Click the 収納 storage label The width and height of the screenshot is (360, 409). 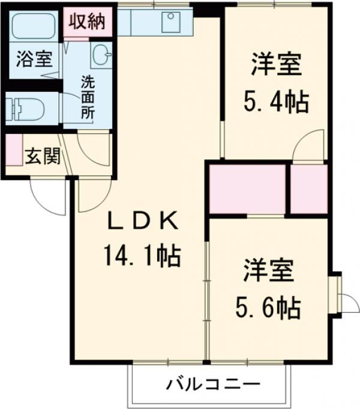pos(86,22)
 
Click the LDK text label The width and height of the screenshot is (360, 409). pos(143,222)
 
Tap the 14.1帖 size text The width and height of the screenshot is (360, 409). pos(143,257)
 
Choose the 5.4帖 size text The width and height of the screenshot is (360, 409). pos(276,103)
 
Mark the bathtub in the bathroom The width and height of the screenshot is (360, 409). pos(34,26)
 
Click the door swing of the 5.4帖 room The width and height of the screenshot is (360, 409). pos(311,146)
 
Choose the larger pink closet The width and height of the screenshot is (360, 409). pos(247,187)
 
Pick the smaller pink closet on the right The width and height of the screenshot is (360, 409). pos(309,188)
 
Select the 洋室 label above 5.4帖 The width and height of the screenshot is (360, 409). pos(276,65)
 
